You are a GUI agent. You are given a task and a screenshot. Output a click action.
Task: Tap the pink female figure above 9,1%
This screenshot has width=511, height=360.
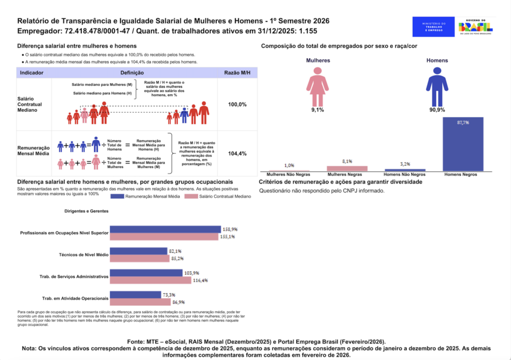point(317,85)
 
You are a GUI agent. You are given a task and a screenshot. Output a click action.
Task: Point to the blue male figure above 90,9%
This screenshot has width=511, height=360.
point(437,85)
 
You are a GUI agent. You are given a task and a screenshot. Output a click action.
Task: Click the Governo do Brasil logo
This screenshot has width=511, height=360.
point(476,26)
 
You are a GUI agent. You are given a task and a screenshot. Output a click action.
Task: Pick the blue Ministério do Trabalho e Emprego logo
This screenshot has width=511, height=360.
point(433,26)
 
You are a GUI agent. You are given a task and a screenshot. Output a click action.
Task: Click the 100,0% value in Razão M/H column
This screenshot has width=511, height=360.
point(237,105)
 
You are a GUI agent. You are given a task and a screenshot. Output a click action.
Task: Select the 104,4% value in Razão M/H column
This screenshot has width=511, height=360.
point(237,154)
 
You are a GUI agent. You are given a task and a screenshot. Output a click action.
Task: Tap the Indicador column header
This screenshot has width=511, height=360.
point(31,73)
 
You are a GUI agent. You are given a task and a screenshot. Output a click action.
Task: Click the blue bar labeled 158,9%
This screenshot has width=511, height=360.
point(165,229)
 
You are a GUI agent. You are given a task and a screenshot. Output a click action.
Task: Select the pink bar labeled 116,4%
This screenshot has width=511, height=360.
point(151,280)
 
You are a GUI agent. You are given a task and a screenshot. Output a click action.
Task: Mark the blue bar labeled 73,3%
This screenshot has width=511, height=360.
point(135,295)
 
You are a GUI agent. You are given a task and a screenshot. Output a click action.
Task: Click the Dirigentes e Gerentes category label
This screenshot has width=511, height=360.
point(86,211)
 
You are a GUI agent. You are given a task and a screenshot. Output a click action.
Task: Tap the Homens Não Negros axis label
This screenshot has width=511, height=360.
point(405,175)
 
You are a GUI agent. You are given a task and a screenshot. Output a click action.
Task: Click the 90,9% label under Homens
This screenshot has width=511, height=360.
point(437,110)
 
